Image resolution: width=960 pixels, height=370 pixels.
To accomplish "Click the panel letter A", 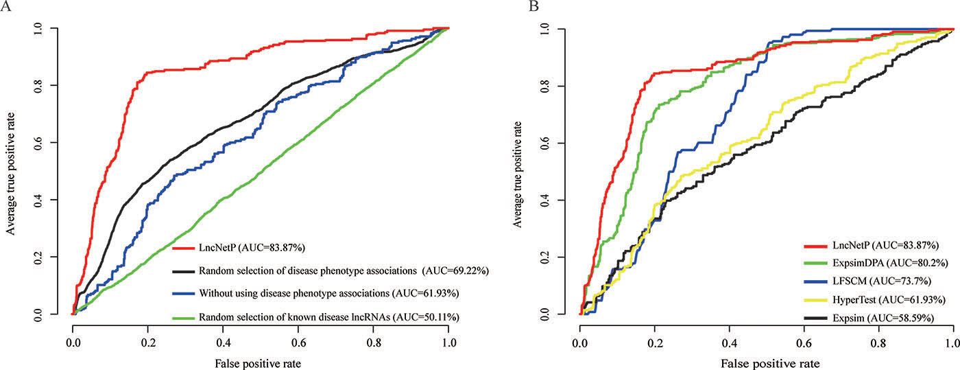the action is click(5, 6).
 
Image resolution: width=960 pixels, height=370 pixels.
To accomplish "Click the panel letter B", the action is click(533, 6).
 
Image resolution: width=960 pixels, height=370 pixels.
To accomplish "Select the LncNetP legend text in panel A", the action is click(252, 248).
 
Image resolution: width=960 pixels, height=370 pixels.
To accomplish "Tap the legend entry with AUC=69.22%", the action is click(344, 271).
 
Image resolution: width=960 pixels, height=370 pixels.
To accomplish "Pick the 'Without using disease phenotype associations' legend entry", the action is click(328, 294).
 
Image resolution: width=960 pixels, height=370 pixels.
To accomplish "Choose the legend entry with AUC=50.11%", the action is click(328, 317).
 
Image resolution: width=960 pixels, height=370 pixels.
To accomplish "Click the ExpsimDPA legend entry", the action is click(890, 263).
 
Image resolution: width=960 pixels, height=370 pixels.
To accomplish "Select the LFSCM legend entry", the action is click(882, 281).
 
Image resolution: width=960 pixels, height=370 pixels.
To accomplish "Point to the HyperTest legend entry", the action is click(889, 299).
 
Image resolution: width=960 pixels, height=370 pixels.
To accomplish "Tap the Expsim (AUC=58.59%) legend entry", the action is click(883, 318).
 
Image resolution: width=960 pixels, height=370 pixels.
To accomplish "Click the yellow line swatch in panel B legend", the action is click(815, 300).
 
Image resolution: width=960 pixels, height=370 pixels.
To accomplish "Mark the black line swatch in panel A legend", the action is click(184, 271).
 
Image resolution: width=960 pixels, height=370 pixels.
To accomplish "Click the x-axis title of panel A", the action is click(258, 364).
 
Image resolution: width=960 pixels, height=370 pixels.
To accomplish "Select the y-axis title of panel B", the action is click(518, 174).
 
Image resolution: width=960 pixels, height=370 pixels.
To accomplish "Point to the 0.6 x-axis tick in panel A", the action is click(299, 343).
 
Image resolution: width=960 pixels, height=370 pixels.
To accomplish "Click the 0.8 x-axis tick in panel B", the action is click(878, 343).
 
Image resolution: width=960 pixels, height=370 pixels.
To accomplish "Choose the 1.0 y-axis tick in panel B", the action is click(545, 29).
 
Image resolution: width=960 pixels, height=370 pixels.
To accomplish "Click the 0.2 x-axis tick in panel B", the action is click(654, 343).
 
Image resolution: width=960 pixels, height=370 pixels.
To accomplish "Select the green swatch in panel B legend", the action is click(815, 263).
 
